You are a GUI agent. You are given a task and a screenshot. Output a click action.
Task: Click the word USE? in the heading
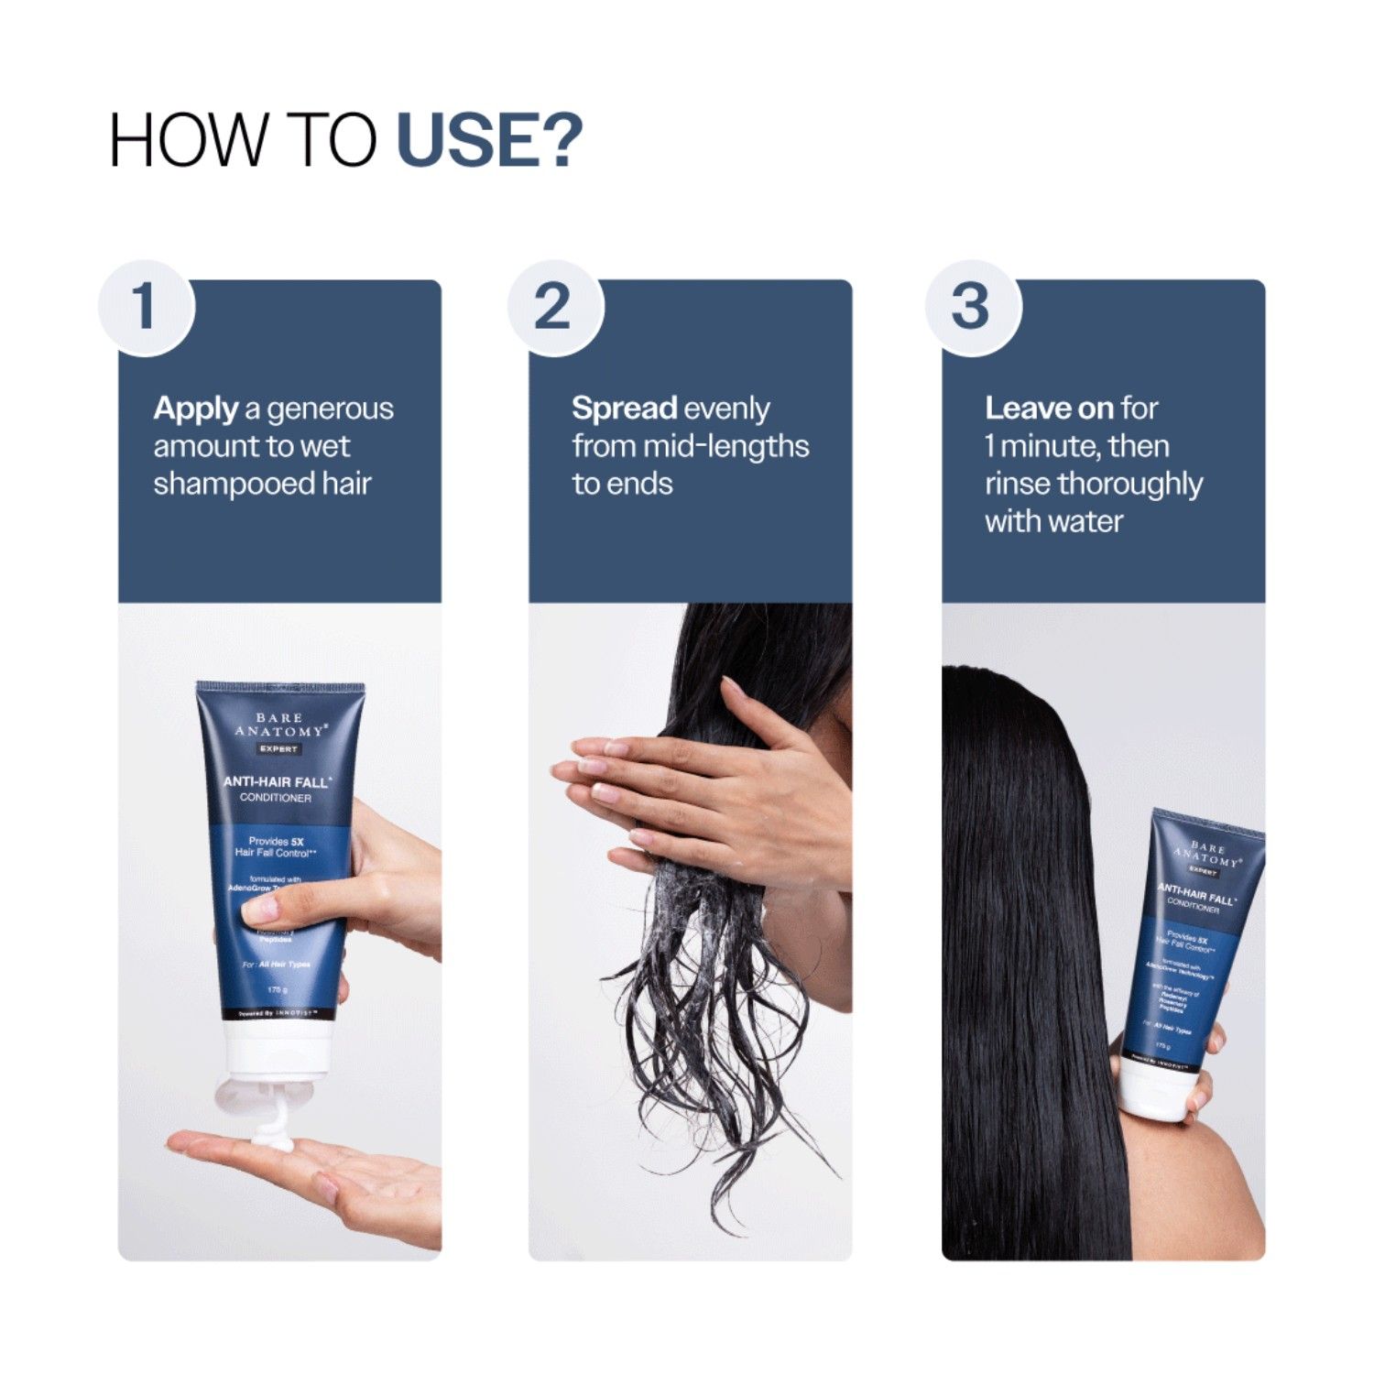coord(489,140)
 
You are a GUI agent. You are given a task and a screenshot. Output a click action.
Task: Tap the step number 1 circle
coord(146,307)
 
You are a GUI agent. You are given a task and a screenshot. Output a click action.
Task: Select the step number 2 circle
coord(554,307)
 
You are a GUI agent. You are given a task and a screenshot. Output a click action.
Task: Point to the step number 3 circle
coord(971,307)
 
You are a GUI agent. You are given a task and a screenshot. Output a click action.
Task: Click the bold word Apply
coord(195,409)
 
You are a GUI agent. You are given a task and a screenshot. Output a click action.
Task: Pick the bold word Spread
coord(624,409)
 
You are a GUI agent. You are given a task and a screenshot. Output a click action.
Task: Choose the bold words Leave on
coord(1049,409)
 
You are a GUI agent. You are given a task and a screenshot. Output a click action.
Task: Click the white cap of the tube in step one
coord(278,1053)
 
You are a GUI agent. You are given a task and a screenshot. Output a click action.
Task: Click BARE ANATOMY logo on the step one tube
coord(279,725)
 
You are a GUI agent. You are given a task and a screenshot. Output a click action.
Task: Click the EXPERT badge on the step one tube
coord(278,749)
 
